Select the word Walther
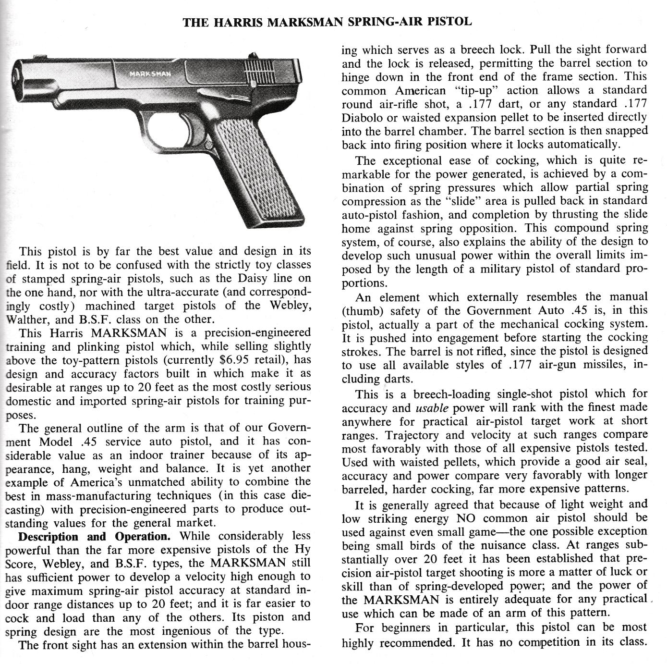click(24, 320)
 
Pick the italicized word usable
click(432, 408)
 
